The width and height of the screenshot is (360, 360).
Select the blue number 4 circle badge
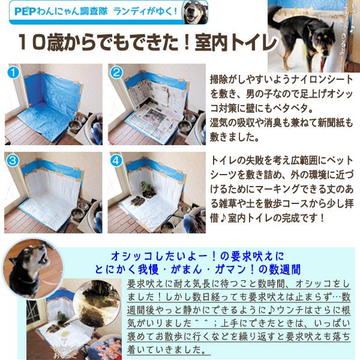tap(116, 161)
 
